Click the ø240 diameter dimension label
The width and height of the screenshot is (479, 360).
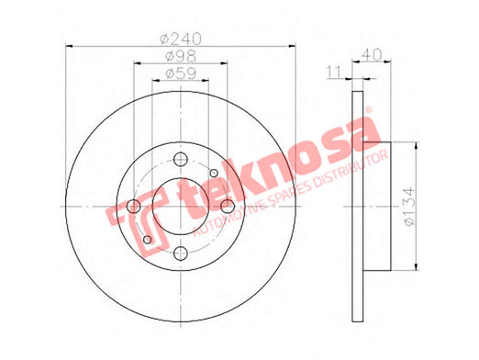point(181,39)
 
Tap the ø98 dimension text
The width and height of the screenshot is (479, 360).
point(181,56)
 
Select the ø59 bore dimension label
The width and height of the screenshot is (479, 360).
point(181,73)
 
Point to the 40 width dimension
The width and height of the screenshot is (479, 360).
point(372,55)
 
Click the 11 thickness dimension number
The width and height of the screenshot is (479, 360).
point(334,73)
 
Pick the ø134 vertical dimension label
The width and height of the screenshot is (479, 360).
point(410,207)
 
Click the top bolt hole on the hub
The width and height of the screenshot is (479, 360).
point(181,159)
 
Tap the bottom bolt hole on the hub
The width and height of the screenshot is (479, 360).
point(181,253)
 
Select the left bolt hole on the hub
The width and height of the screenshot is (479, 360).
point(134,207)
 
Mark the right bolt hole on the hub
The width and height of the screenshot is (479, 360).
point(228,207)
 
